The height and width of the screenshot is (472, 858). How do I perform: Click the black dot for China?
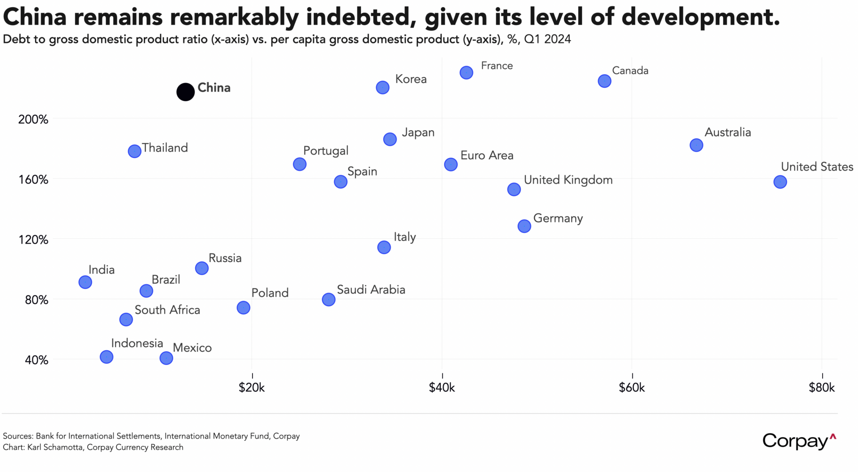click(185, 92)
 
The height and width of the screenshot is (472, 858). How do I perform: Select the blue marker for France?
click(466, 73)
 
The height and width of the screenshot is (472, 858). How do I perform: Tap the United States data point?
click(780, 182)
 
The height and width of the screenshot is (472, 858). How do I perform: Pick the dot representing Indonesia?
click(107, 357)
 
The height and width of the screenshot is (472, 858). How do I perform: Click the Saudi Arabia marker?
click(328, 300)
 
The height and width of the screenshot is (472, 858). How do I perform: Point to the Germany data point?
click(524, 226)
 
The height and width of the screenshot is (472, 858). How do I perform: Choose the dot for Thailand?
click(135, 151)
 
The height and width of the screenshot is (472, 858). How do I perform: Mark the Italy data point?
click(384, 247)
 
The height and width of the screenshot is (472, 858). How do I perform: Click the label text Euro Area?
click(487, 155)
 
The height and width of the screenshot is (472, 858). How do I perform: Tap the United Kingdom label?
click(568, 180)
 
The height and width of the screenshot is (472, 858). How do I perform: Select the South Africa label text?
click(167, 310)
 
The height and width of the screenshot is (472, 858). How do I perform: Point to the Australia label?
click(727, 132)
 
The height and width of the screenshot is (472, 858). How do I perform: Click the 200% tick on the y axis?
click(33, 119)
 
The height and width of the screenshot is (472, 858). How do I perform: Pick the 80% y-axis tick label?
click(36, 300)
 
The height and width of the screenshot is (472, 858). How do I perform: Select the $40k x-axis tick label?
click(442, 388)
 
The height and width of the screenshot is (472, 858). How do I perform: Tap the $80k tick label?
click(822, 388)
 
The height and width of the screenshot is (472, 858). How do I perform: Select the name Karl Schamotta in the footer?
click(56, 447)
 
